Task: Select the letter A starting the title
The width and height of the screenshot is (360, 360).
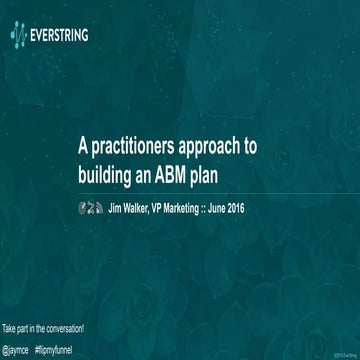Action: point(85,145)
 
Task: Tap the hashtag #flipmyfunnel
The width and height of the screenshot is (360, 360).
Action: point(57,346)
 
